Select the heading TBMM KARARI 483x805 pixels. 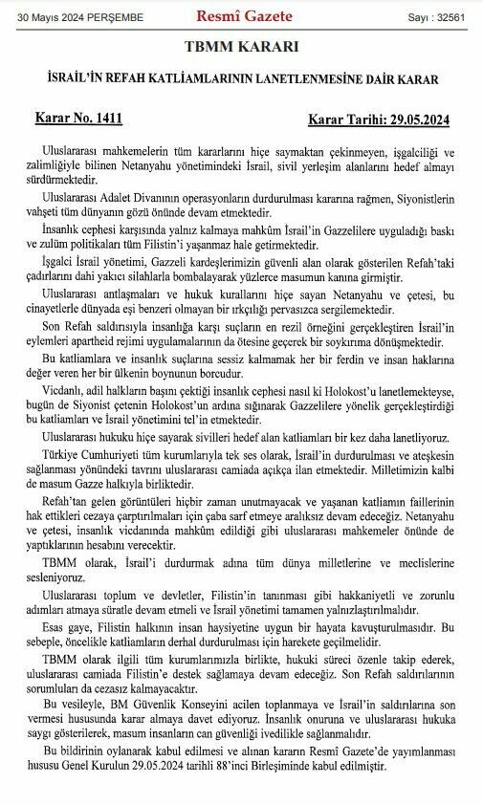coord(241,47)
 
